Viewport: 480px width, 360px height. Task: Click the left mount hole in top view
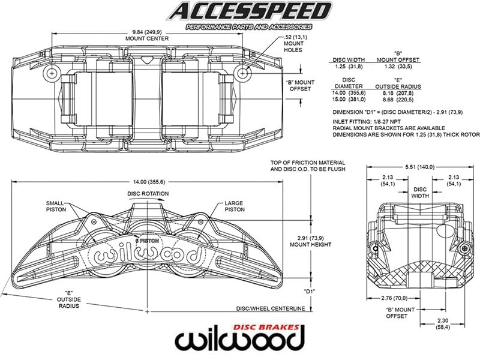(53, 73)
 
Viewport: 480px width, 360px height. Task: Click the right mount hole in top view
(242, 73)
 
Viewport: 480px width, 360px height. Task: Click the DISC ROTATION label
(148, 194)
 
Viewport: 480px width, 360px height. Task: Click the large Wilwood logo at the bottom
(239, 339)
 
